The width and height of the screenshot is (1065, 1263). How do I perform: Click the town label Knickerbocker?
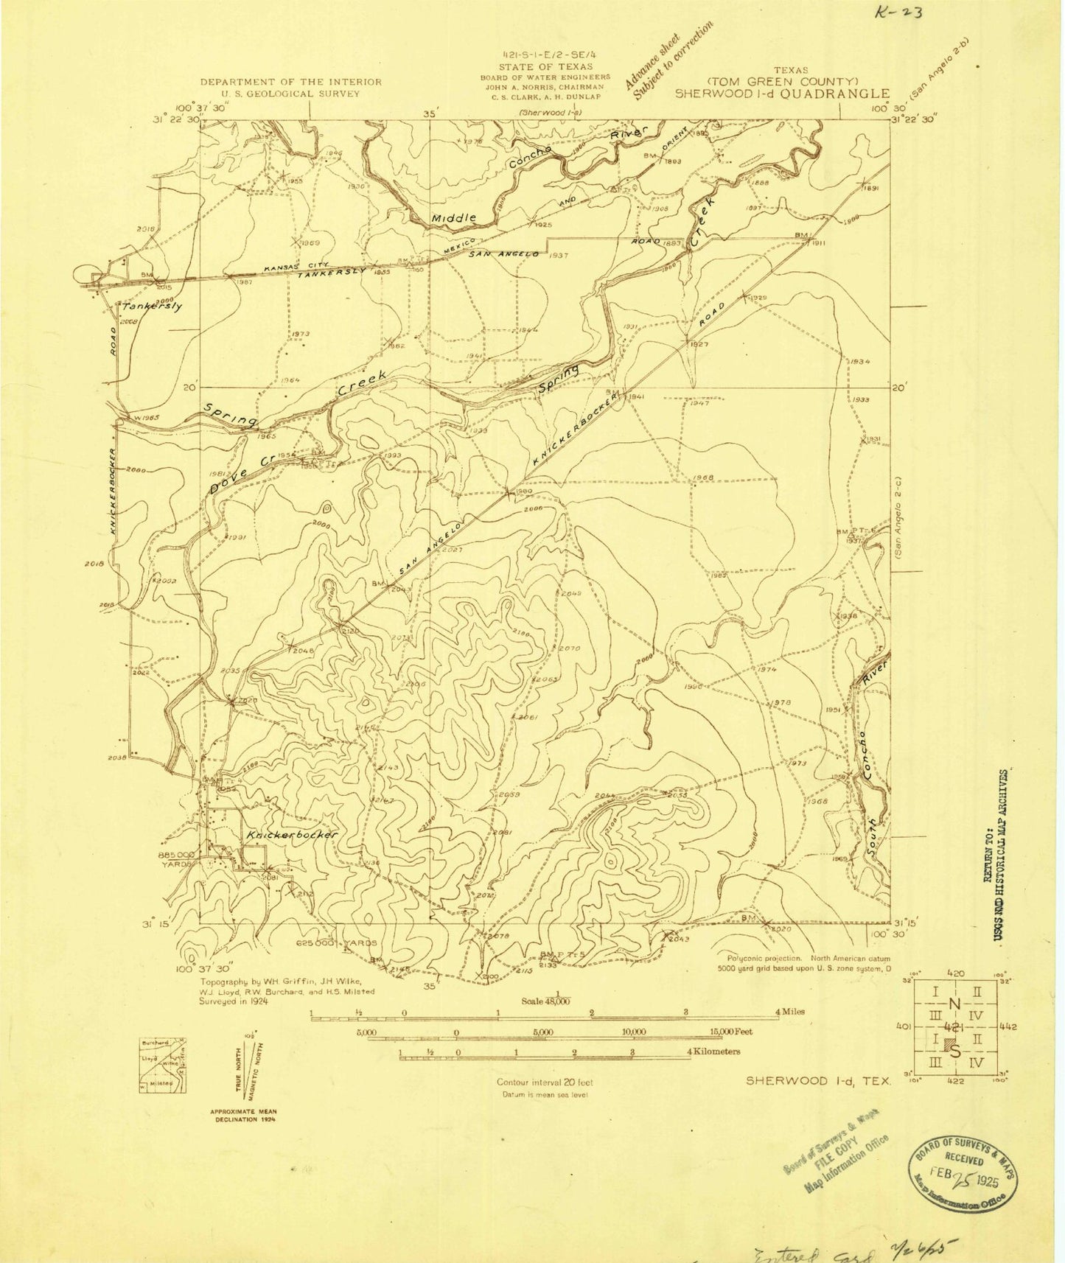tap(293, 835)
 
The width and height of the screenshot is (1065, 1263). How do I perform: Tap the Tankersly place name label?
tap(153, 307)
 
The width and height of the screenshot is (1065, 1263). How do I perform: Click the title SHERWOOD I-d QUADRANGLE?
tap(783, 94)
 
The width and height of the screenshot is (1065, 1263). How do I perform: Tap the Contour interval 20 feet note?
tap(544, 1082)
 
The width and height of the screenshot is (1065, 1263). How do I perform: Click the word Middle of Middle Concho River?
tap(454, 218)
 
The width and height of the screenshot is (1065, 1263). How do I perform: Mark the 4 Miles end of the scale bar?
tap(789, 1012)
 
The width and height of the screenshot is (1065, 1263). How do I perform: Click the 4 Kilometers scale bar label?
tap(713, 1052)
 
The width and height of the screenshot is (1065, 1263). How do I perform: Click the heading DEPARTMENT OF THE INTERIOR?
tap(291, 82)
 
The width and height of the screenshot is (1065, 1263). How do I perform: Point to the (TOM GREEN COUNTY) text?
tap(783, 81)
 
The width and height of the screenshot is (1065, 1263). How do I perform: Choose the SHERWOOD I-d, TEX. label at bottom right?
tap(818, 1081)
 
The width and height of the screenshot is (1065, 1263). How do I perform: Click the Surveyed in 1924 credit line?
tap(234, 1001)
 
